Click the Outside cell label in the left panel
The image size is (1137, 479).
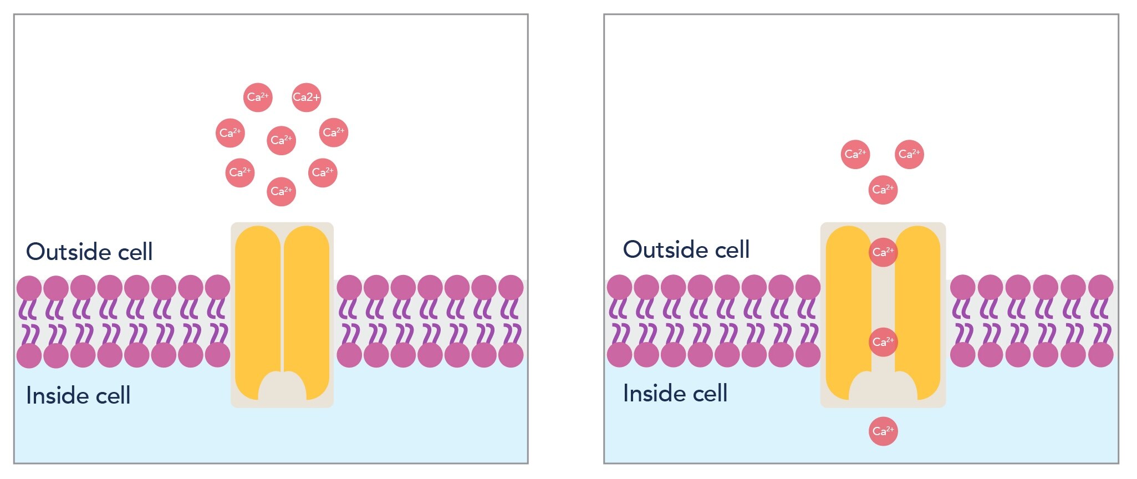(x=89, y=252)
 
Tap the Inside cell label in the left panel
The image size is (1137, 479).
(x=78, y=396)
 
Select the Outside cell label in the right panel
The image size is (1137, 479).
(x=686, y=249)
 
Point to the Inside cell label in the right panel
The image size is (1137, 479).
(x=675, y=394)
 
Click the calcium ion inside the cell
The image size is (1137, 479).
(x=883, y=431)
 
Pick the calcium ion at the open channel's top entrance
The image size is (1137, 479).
(x=883, y=252)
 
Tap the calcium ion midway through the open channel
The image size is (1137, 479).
(x=883, y=342)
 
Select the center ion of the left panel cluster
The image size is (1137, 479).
(x=281, y=140)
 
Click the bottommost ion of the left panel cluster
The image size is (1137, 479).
(x=281, y=192)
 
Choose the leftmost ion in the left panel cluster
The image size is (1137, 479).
(x=230, y=133)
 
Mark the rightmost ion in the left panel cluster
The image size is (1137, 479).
(x=334, y=133)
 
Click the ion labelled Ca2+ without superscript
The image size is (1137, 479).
(x=306, y=98)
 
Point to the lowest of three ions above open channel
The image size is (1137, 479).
(x=883, y=190)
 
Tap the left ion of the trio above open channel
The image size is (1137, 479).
(x=855, y=154)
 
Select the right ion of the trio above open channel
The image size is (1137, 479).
(x=909, y=154)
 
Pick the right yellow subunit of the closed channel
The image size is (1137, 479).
(x=307, y=299)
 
